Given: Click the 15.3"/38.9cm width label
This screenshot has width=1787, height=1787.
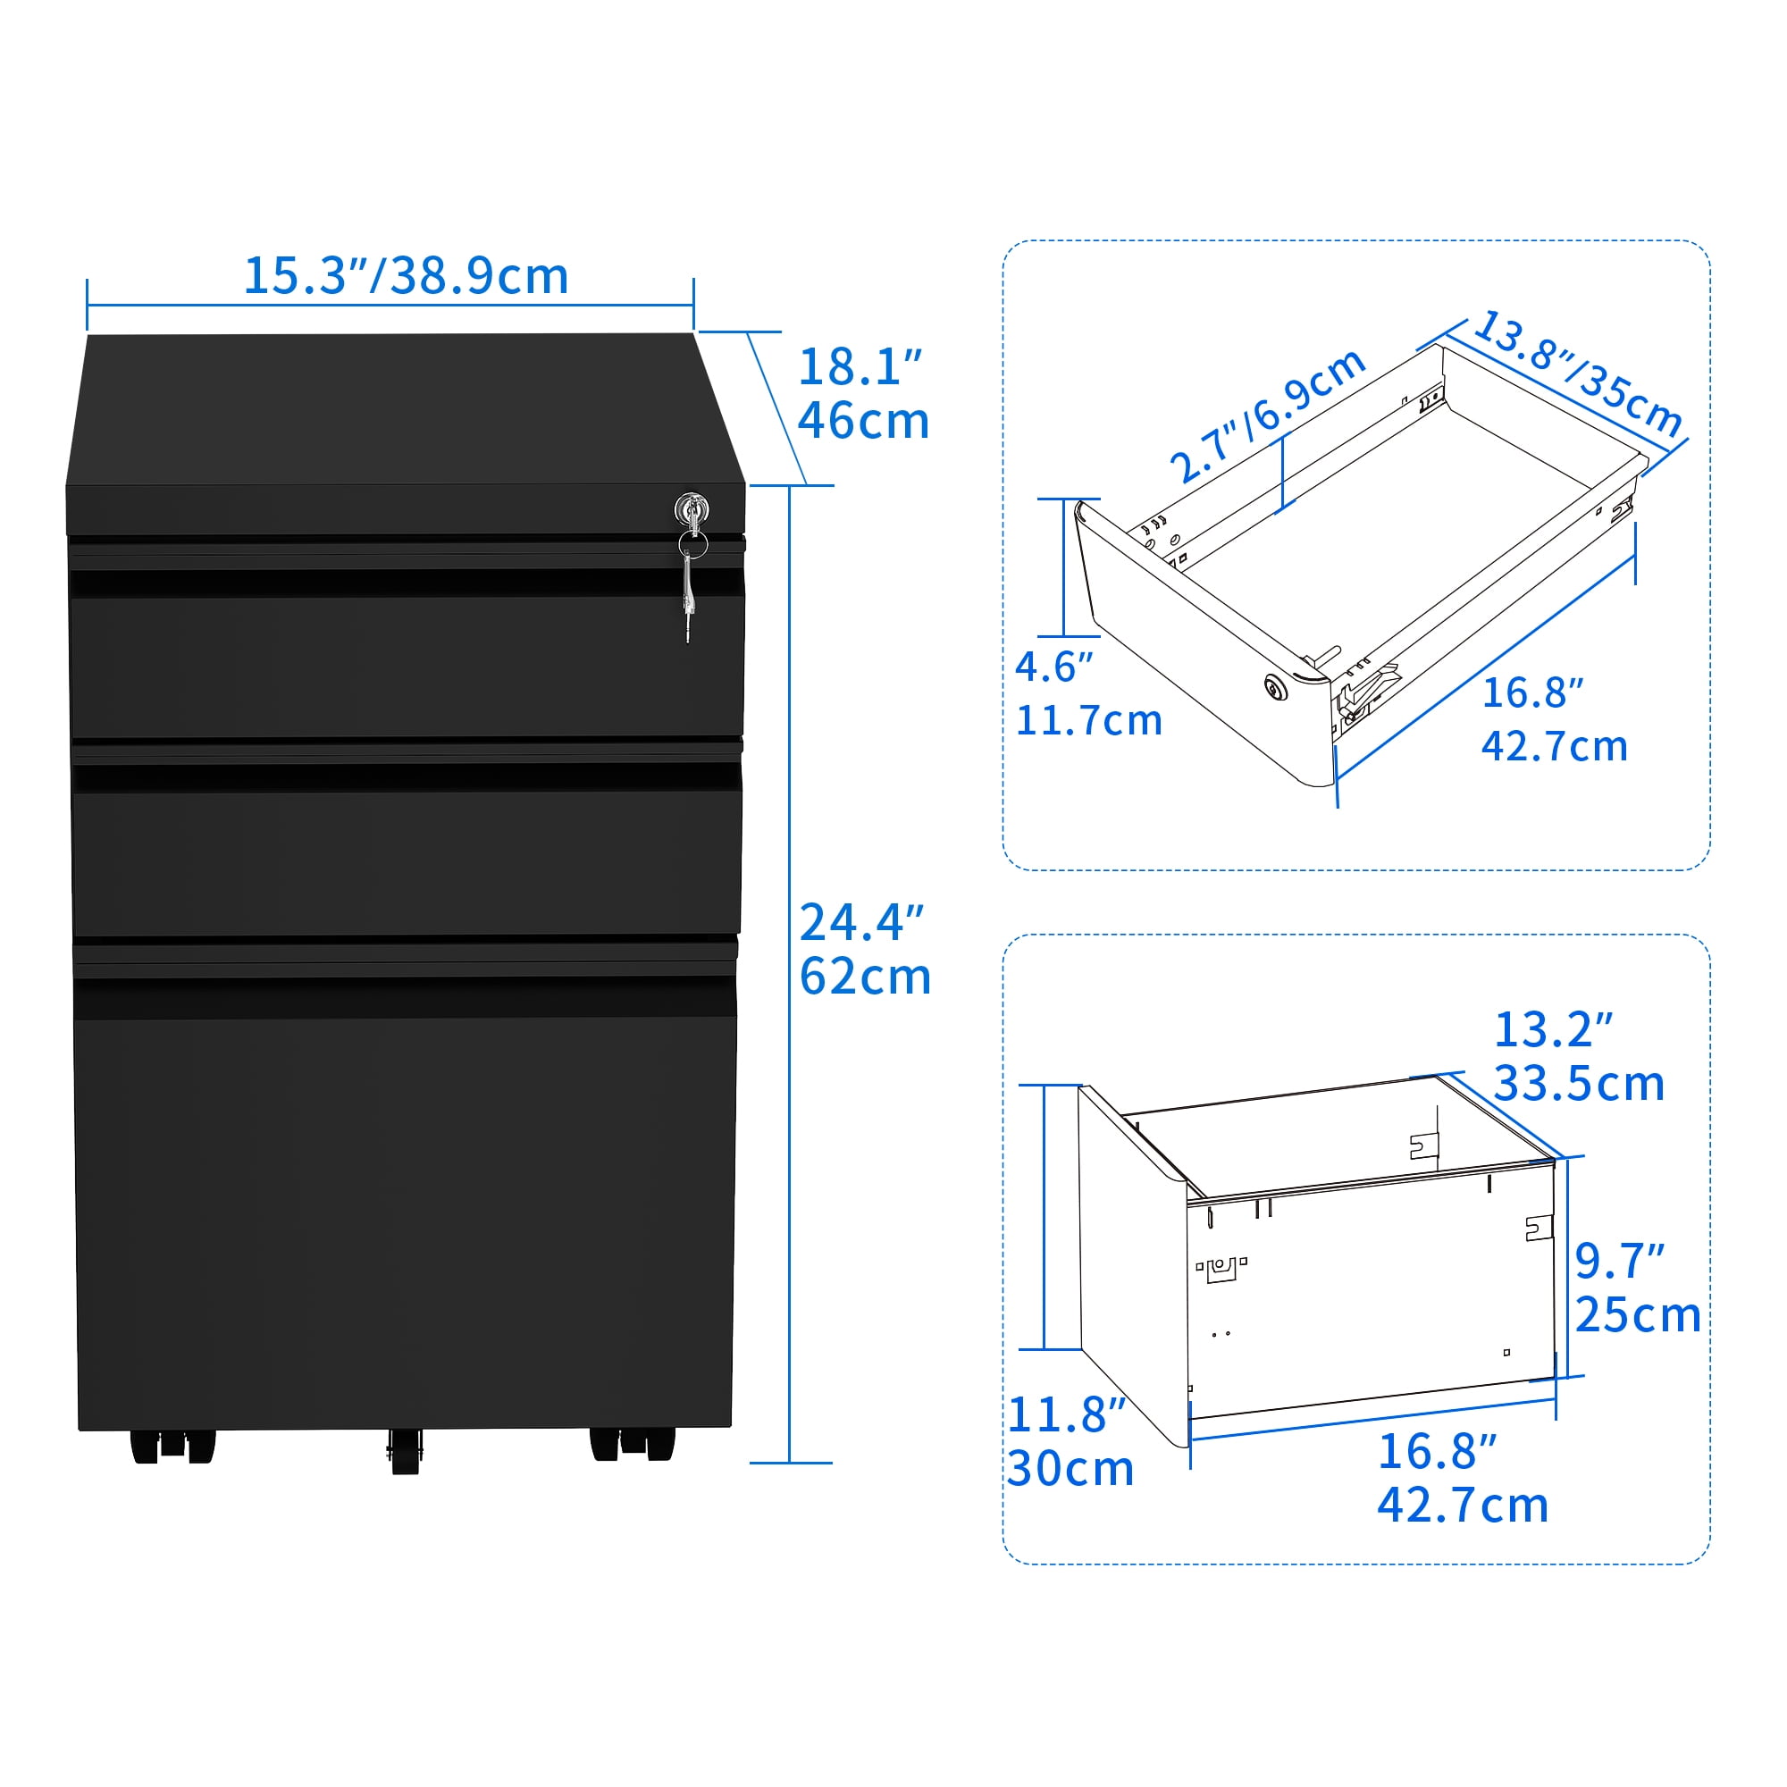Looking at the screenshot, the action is pos(406,275).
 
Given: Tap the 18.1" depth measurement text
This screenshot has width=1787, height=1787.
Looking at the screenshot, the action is pos(860,367).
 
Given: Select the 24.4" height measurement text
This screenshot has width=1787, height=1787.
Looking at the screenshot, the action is pos(862,922).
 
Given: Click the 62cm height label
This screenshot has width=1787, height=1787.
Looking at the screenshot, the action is pos(865,976).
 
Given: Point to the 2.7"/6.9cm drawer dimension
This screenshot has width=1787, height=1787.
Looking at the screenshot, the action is pos(1268,415).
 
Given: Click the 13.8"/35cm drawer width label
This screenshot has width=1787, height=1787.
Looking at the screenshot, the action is pos(1578,373).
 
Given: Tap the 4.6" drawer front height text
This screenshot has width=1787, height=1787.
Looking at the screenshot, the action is pos(1053,666).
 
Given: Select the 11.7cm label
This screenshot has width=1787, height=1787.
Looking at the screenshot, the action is pos(1088,720).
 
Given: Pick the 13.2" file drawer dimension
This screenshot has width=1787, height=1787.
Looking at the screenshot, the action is pos(1554,1029).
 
